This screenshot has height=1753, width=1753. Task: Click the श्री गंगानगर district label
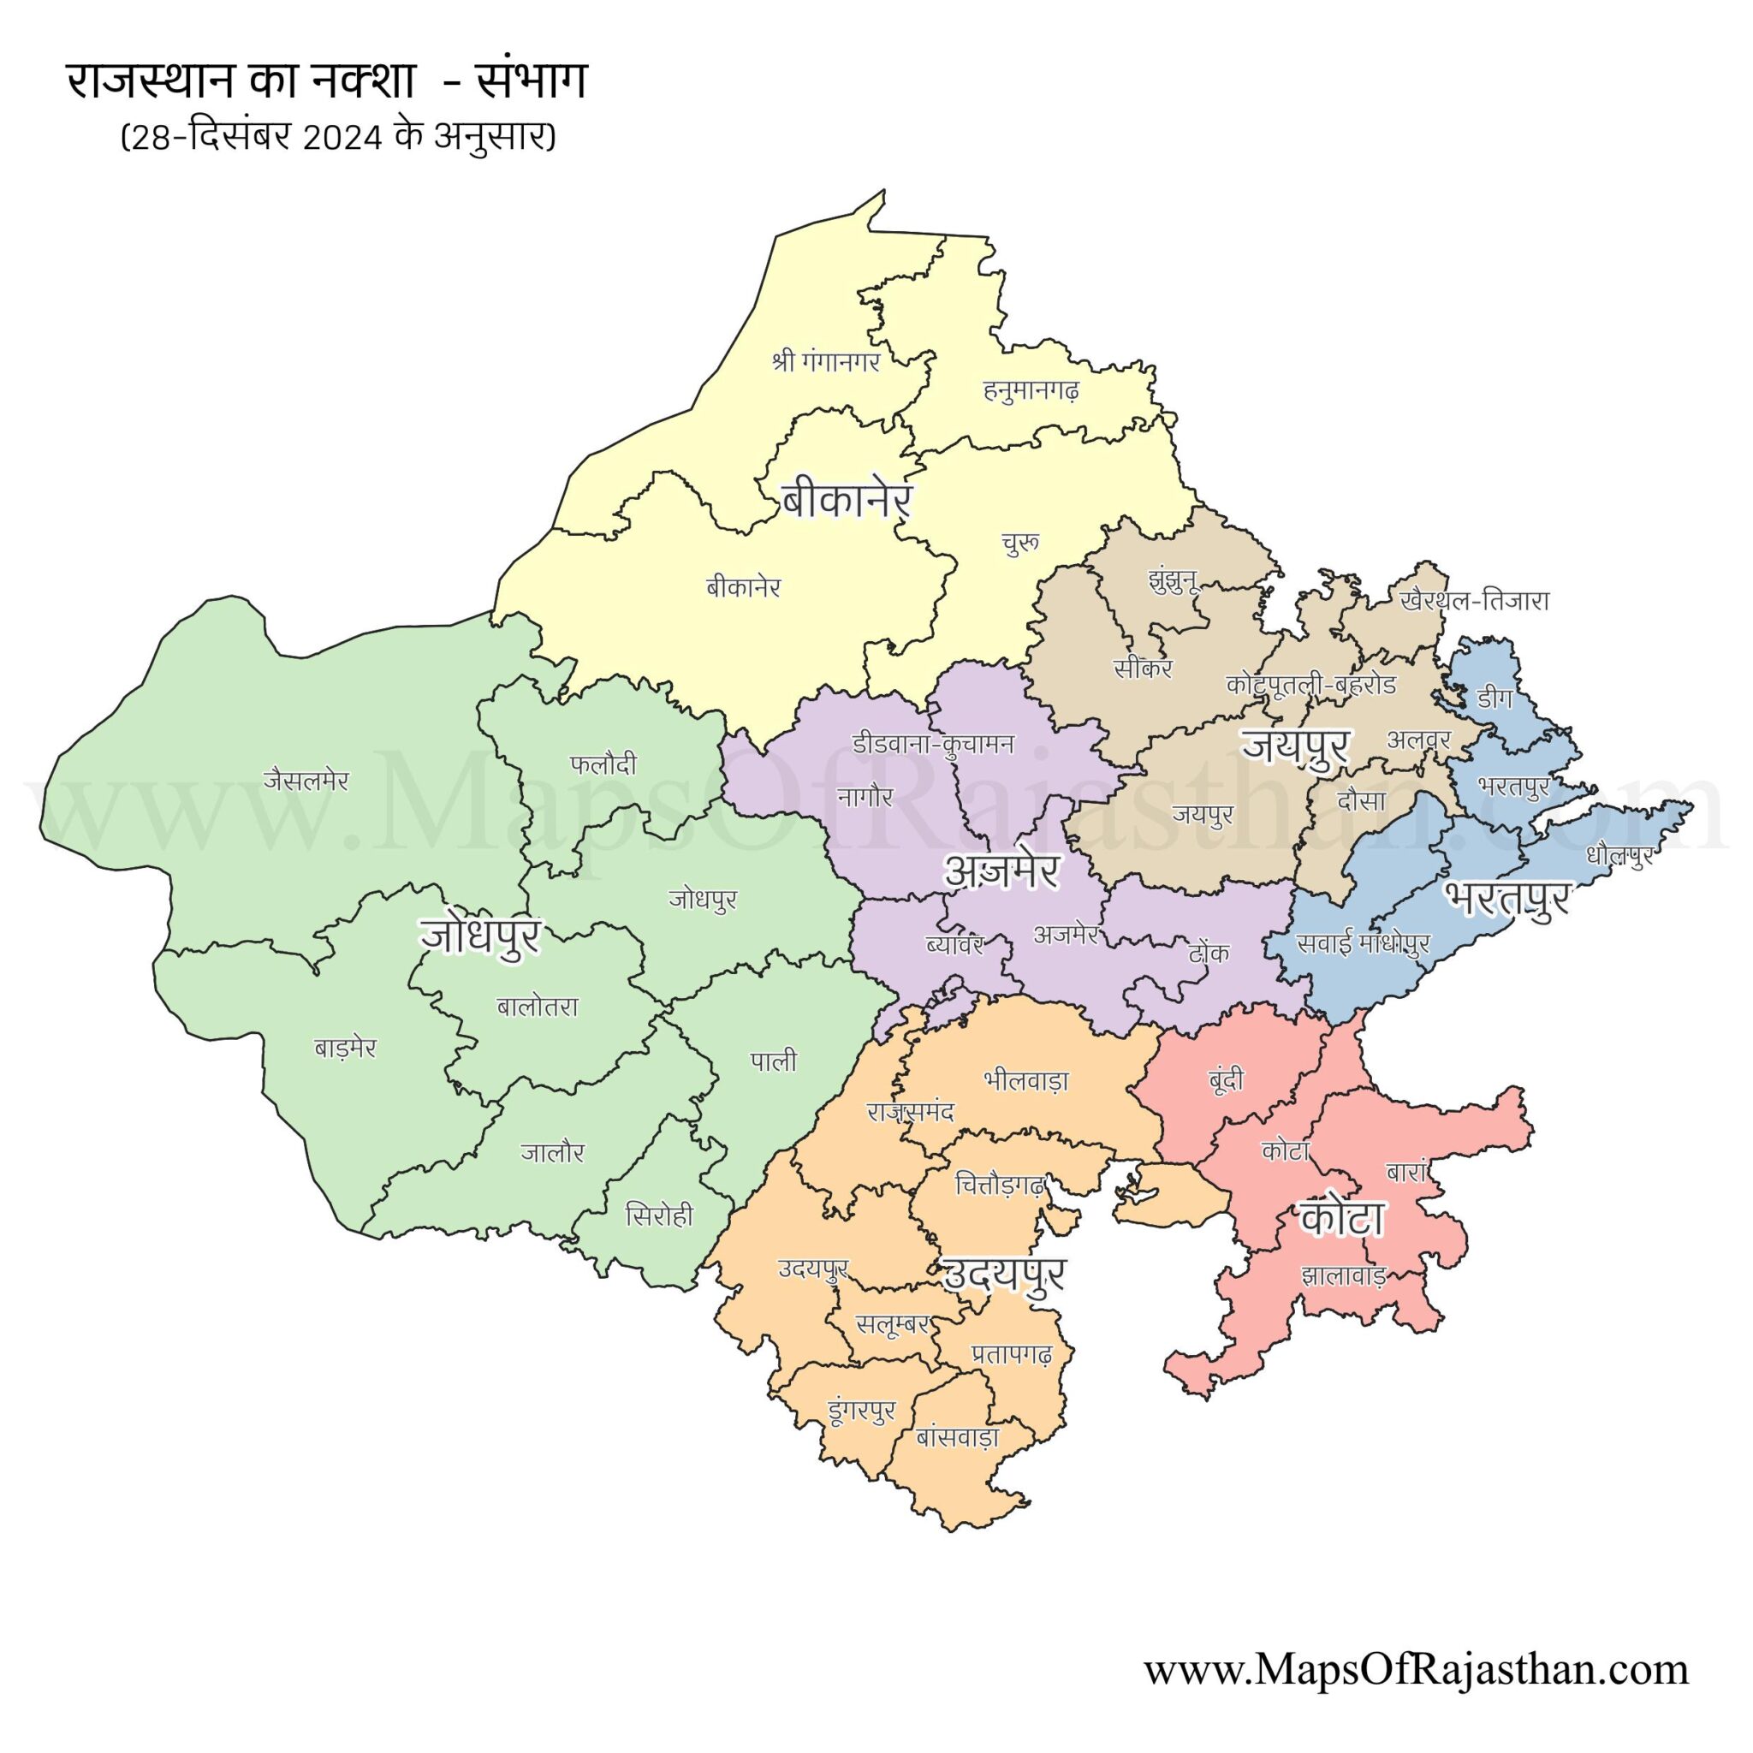[x=826, y=363]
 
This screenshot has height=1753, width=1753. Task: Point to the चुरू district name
[x=1019, y=544]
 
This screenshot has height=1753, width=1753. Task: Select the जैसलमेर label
[x=306, y=781]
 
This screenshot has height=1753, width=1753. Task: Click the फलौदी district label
[x=603, y=765]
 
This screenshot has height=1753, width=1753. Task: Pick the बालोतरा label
[x=538, y=1007]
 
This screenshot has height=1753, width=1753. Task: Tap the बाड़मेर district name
[x=345, y=1049]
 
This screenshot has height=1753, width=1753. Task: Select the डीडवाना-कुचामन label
[x=933, y=744]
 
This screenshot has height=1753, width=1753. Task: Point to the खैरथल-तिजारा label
[x=1475, y=602]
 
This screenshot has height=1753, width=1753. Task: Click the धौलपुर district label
[x=1620, y=855]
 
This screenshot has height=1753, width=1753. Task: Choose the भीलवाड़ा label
[x=1026, y=1081]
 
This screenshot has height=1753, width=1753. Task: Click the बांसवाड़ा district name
[x=958, y=1438]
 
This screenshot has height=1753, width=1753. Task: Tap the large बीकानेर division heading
[x=845, y=501]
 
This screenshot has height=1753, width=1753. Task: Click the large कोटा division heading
[x=1341, y=1220]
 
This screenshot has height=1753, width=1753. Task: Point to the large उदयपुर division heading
[x=1004, y=1275]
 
